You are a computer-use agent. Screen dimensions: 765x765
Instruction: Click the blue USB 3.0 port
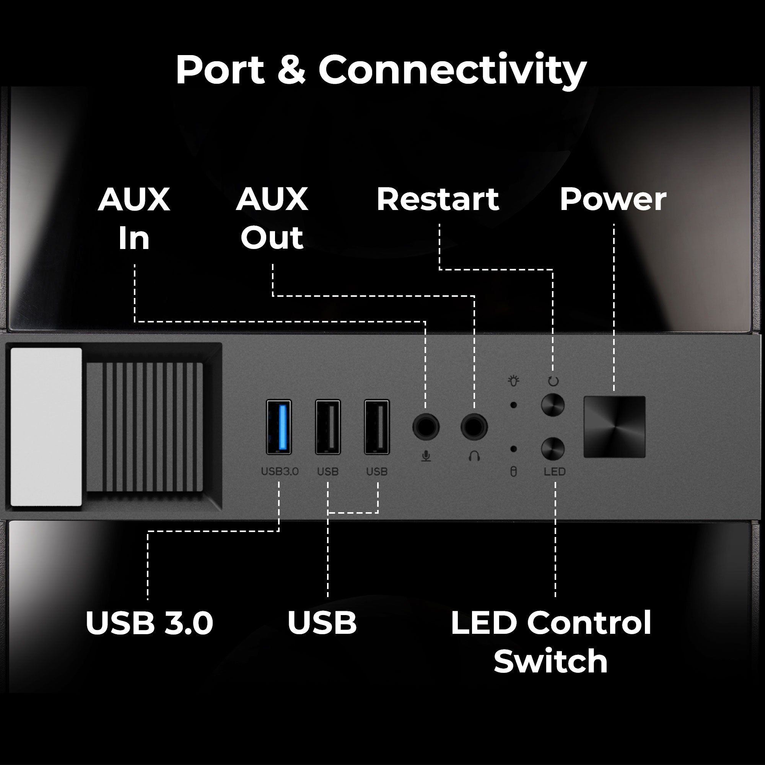(279, 427)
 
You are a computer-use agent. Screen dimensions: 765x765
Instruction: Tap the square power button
(614, 427)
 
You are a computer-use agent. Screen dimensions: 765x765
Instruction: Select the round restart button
(552, 405)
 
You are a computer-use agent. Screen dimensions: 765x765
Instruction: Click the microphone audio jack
(426, 427)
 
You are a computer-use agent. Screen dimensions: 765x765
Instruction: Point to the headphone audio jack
(474, 427)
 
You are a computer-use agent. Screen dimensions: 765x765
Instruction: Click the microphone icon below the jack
(426, 457)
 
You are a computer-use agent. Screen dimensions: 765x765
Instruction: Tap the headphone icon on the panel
(474, 457)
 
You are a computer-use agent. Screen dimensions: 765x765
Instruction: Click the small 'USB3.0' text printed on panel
(280, 472)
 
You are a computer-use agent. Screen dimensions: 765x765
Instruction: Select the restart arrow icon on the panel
(553, 381)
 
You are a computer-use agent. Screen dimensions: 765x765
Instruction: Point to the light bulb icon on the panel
(514, 381)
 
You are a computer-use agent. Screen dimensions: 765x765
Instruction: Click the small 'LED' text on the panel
(554, 472)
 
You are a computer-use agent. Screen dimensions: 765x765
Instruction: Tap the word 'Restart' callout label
(438, 199)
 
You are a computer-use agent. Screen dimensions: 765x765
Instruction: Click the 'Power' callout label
(613, 199)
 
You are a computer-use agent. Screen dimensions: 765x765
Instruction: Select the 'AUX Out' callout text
(272, 218)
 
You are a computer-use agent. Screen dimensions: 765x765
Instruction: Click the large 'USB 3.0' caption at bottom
(149, 623)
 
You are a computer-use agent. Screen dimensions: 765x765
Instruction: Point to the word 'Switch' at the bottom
(550, 662)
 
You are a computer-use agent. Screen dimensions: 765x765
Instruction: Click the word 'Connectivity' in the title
(452, 70)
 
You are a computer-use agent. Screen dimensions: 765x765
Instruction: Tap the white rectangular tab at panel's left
(46, 427)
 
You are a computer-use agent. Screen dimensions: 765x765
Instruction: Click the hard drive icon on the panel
(514, 472)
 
